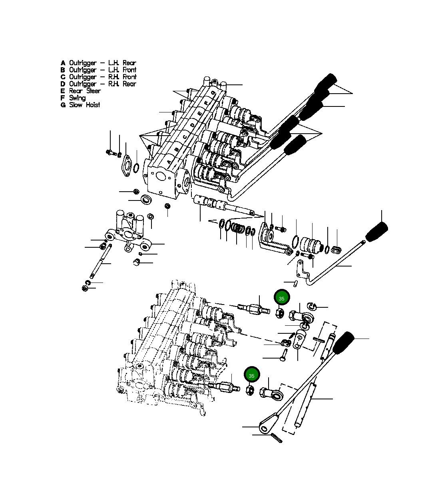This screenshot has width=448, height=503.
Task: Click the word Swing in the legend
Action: click(x=77, y=98)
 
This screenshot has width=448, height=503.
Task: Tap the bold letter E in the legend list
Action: click(x=63, y=91)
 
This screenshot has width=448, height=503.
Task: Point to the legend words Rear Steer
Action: click(x=85, y=91)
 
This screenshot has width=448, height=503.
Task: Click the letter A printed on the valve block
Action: click(x=169, y=162)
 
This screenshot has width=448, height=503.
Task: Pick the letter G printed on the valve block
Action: click(x=213, y=93)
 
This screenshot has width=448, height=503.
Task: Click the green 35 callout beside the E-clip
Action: click(x=281, y=299)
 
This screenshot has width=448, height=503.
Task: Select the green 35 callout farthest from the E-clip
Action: click(x=251, y=376)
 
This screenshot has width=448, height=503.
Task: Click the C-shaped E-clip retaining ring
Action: click(x=311, y=306)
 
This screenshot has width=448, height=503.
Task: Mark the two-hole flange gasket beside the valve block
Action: click(x=127, y=166)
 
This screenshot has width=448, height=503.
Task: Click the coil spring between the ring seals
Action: click(x=239, y=228)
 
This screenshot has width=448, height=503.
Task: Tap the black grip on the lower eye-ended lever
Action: click(x=343, y=343)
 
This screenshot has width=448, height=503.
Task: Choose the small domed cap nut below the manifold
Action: click(x=136, y=263)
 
